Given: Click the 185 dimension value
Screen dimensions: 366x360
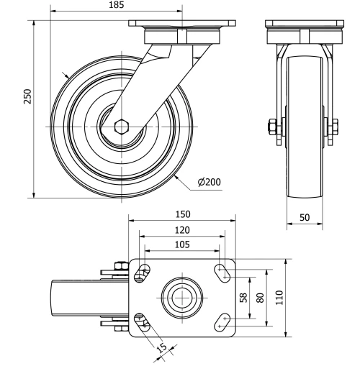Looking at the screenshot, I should (x=116, y=5).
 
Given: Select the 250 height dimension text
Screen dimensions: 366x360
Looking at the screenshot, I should (x=27, y=97).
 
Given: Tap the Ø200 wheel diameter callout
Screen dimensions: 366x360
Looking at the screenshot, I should (x=209, y=182).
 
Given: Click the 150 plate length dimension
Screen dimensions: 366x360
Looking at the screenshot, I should (x=182, y=215).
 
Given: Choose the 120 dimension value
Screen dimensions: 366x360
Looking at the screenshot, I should (x=182, y=230).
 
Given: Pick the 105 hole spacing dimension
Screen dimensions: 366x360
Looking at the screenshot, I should (x=182, y=244).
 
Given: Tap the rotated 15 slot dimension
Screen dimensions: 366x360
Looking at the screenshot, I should (x=162, y=349).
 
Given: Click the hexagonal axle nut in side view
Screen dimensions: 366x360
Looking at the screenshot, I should (x=121, y=127).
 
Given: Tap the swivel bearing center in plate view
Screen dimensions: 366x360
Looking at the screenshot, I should (x=182, y=296).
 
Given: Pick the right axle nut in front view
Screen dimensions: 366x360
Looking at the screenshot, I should (x=334, y=127).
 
